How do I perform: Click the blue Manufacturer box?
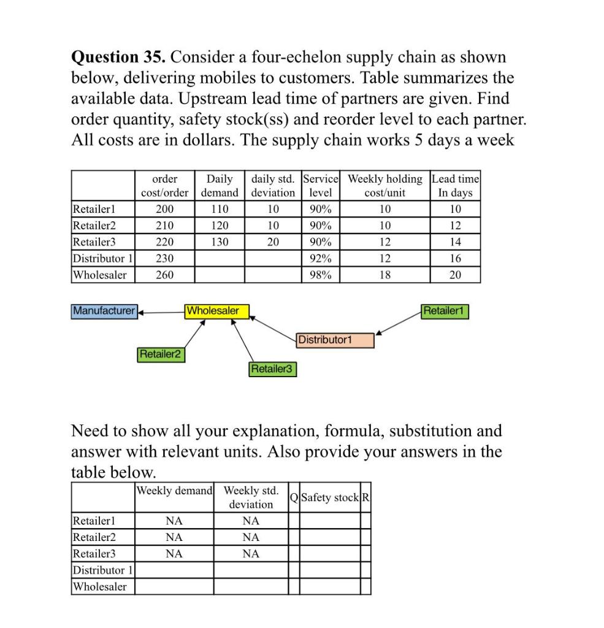pos(104,311)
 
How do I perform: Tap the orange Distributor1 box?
pos(334,340)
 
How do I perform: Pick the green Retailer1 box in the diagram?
pos(445,311)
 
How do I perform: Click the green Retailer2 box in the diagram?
pos(162,354)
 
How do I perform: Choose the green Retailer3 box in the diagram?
pos(272,369)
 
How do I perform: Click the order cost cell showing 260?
pos(164,275)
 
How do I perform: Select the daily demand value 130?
pos(220,242)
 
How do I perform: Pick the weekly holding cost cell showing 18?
pos(384,275)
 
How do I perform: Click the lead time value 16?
pos(455,259)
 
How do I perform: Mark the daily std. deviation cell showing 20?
pos(273,242)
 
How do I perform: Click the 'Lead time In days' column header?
pos(455,185)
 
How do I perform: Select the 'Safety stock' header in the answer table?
pos(330,497)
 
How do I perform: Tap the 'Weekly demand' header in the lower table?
pos(175,491)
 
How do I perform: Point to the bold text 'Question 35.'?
pos(119,57)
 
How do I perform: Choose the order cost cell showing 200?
pos(164,209)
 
